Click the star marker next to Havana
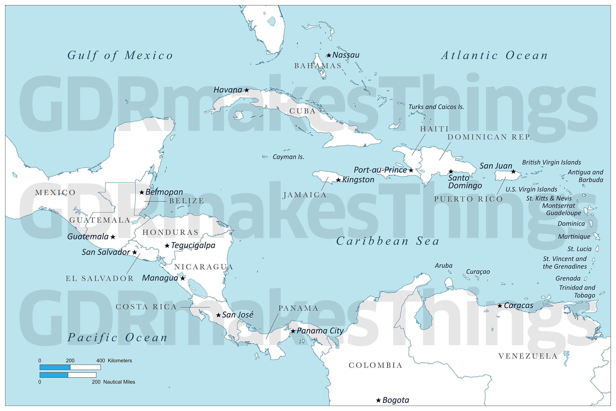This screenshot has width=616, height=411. [246, 90]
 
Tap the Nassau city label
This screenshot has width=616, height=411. [346, 55]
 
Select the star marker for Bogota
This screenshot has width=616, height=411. [378, 400]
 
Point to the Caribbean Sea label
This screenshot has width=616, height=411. [388, 241]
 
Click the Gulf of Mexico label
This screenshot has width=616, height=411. [120, 55]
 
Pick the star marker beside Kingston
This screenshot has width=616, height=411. [338, 180]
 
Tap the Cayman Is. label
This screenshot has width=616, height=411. [288, 157]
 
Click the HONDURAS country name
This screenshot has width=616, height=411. [170, 232]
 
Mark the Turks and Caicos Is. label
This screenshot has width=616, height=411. [436, 107]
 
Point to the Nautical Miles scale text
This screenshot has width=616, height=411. [119, 382]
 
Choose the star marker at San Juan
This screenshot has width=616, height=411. [513, 172]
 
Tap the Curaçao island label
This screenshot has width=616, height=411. [478, 272]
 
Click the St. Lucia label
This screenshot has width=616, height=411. [579, 249]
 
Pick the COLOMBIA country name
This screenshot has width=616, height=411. [375, 365]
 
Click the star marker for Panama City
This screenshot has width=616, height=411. [293, 331]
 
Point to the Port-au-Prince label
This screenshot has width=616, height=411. [380, 170]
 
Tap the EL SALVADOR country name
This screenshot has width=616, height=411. [100, 279]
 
